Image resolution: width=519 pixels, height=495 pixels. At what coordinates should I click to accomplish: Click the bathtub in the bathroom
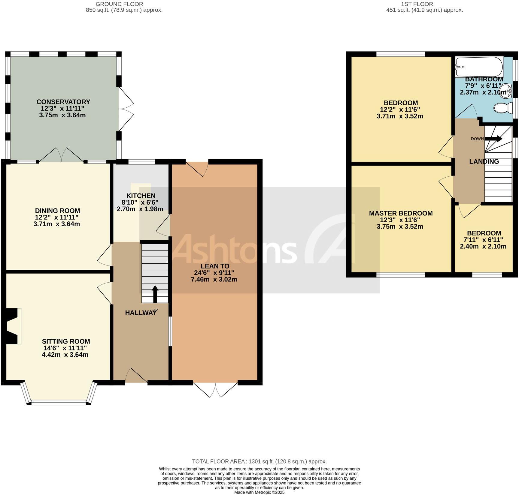coord(479,67)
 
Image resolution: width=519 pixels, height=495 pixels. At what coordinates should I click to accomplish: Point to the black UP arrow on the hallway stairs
coord(155,294)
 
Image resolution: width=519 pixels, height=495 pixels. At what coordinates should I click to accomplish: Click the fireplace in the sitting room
coord(14,326)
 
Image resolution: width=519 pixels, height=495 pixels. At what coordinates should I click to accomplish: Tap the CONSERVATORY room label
coord(63,102)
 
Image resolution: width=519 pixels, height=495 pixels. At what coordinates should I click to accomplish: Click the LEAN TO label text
coord(215,266)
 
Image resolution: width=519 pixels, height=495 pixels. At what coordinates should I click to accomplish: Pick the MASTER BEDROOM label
coord(401,213)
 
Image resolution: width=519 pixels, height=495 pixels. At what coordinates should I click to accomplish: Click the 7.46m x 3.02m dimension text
coord(214,280)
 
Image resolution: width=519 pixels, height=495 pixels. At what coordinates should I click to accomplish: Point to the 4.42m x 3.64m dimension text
coord(65,355)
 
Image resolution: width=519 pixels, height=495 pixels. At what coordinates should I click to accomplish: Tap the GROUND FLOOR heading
coord(119,4)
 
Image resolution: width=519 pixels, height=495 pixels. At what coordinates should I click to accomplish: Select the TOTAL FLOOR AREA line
coord(259,462)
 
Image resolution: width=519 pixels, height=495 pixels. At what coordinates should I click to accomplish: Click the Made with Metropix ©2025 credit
coord(259,492)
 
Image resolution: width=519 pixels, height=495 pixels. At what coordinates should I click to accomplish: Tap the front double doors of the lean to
coord(216,389)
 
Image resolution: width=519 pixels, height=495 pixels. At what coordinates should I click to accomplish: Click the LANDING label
coord(484,161)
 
